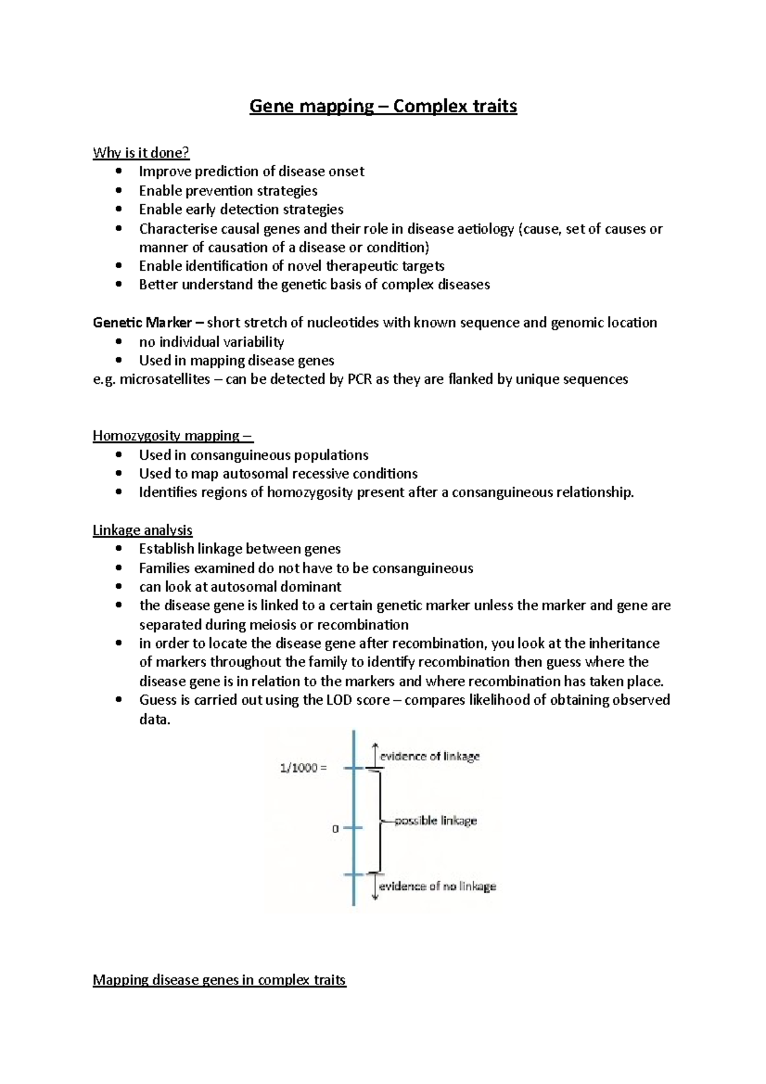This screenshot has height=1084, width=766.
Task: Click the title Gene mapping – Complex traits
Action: pyautogui.click(x=383, y=106)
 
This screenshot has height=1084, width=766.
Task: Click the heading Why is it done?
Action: pyautogui.click(x=141, y=153)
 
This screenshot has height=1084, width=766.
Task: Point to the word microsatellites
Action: pyautogui.click(x=165, y=379)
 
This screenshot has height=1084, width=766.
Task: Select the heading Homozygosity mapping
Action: pyautogui.click(x=172, y=436)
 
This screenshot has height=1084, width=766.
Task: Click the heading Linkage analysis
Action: pyautogui.click(x=142, y=531)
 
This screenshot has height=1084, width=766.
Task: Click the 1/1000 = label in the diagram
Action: pyautogui.click(x=303, y=768)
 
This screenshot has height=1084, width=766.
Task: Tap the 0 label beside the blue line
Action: pyautogui.click(x=335, y=829)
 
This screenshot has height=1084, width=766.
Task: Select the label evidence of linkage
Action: pyautogui.click(x=430, y=757)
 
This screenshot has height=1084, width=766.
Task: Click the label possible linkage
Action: pyautogui.click(x=435, y=821)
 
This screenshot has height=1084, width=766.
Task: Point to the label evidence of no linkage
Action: pyautogui.click(x=437, y=886)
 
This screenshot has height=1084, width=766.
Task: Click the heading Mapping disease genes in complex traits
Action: pyautogui.click(x=219, y=980)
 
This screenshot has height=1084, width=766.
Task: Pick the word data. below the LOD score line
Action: pyautogui.click(x=154, y=719)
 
